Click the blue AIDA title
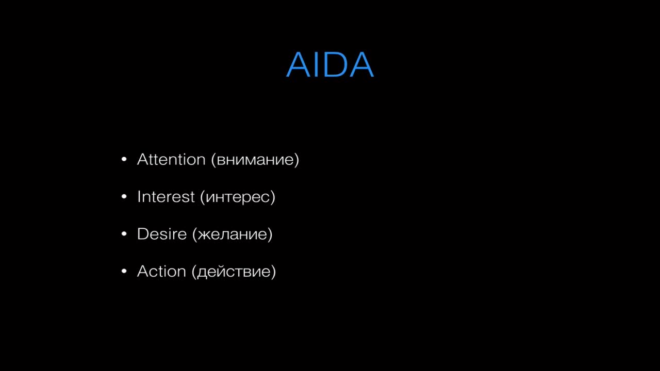point(330,64)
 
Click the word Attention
point(171,160)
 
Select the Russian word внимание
point(255,161)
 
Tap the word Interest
point(166,197)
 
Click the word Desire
point(162,234)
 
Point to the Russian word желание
point(233,235)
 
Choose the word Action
point(161,271)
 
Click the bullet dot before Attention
point(124,159)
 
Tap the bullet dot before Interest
point(124,197)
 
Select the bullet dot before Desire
point(124,234)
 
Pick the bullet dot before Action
point(124,271)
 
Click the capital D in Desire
point(143,234)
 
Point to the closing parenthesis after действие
point(273,272)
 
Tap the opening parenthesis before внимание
point(213,160)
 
